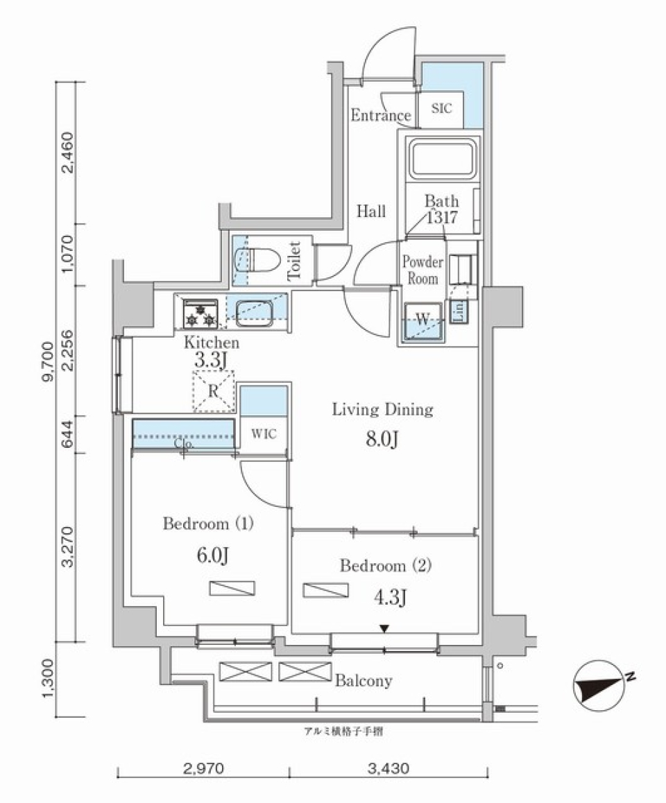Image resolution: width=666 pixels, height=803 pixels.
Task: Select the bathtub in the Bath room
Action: pyautogui.click(x=442, y=159)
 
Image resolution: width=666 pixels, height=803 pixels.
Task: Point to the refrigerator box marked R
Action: pyautogui.click(x=214, y=391)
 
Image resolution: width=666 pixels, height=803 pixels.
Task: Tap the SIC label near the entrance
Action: pyautogui.click(x=441, y=109)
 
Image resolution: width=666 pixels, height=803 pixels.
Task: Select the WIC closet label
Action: pyautogui.click(x=264, y=434)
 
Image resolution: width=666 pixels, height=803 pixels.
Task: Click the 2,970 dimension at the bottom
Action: pyautogui.click(x=204, y=769)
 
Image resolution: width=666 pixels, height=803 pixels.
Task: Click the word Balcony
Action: pyautogui.click(x=364, y=680)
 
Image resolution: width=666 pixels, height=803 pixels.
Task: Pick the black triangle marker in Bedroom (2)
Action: pyautogui.click(x=384, y=629)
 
